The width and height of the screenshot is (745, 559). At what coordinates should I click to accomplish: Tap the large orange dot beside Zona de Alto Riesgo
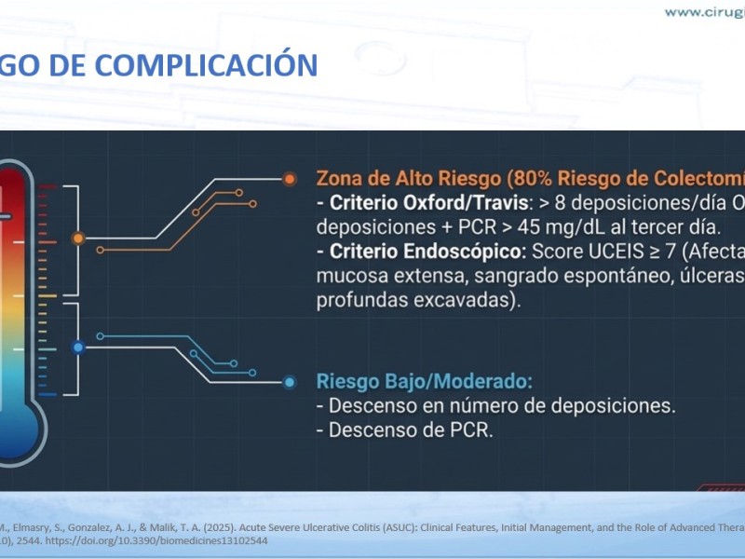pos(290,179)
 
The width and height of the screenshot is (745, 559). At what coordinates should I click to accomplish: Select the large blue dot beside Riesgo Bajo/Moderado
pos(290,382)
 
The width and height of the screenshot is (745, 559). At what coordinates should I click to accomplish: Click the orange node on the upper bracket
pos(78,239)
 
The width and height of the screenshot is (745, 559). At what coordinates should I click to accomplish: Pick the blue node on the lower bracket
pos(78,348)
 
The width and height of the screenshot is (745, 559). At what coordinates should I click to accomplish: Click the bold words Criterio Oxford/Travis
pos(428,203)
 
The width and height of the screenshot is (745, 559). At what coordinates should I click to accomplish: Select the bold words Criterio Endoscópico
pos(427,252)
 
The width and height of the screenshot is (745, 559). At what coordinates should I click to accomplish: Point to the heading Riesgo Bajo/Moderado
pos(425,382)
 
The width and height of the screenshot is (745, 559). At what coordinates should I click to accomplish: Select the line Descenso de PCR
pos(405,430)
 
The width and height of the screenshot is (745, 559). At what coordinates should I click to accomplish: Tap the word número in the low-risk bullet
pos(482,405)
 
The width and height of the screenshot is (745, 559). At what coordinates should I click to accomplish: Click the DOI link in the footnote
pos(156,541)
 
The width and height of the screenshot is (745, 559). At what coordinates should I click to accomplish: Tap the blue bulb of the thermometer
pos(17,431)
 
